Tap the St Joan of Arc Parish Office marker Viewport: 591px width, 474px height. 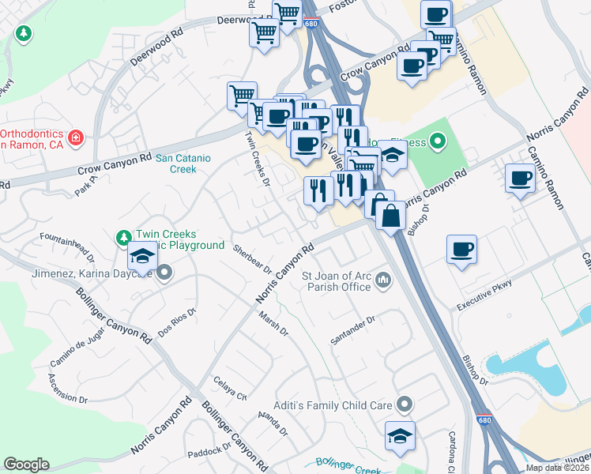[383, 279]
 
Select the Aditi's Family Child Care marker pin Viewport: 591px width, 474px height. [405, 405]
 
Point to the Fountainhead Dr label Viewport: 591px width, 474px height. [67, 247]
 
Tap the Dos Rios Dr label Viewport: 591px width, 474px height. [176, 323]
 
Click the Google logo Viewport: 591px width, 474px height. [26, 465]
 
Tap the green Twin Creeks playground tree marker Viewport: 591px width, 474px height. [123, 237]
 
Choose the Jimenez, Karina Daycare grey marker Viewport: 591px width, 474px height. [164, 273]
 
